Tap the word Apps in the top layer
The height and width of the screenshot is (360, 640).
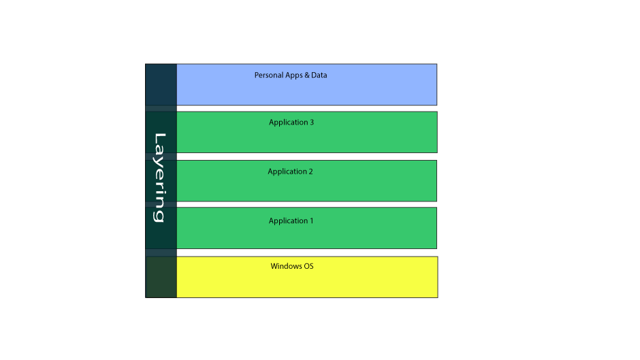[291, 76]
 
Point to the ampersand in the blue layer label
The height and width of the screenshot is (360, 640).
[306, 75]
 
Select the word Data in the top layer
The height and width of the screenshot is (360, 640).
[319, 75]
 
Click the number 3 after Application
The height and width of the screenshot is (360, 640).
[312, 122]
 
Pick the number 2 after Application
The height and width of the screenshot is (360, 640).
[310, 171]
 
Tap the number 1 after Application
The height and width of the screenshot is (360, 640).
[311, 220]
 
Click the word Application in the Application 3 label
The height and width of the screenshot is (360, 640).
[288, 122]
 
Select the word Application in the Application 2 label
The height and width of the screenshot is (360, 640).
[287, 172]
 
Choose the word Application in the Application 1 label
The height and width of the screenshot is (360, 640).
[288, 221]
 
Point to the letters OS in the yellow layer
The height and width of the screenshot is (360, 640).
[309, 266]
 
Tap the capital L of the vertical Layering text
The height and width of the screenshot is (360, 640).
[160, 139]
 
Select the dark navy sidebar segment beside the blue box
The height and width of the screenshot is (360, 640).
[161, 84]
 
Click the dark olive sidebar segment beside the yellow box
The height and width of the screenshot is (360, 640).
[161, 277]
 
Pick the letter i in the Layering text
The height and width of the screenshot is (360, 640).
[159, 193]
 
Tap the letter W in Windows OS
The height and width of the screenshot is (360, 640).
[274, 266]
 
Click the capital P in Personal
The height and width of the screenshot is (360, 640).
[257, 75]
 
